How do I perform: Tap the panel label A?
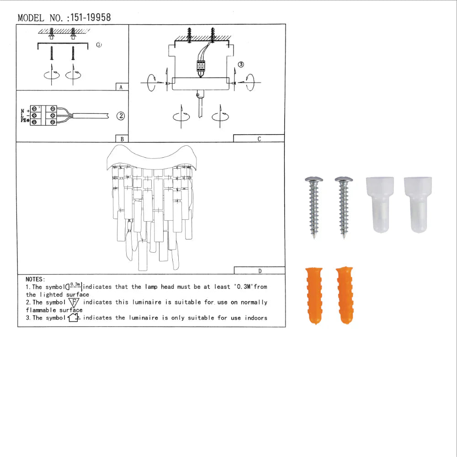point(121,87)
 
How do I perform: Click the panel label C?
point(259,139)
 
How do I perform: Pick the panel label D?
point(259,271)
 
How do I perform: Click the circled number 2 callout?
point(120,116)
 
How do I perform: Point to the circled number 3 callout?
point(241,64)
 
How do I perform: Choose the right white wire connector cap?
point(418,205)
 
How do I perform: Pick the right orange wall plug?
point(344,295)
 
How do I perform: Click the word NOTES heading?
point(35,279)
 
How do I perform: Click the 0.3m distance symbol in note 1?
point(74,287)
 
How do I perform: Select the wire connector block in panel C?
point(200,67)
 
